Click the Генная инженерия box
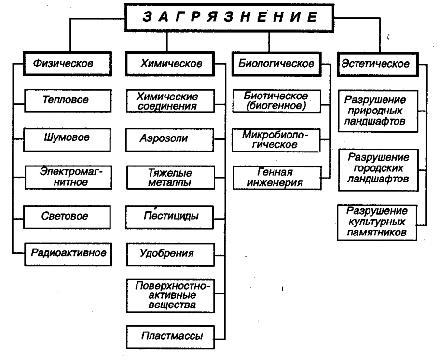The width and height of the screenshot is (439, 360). click(x=275, y=177)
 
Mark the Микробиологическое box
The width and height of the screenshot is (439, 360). click(x=275, y=139)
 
